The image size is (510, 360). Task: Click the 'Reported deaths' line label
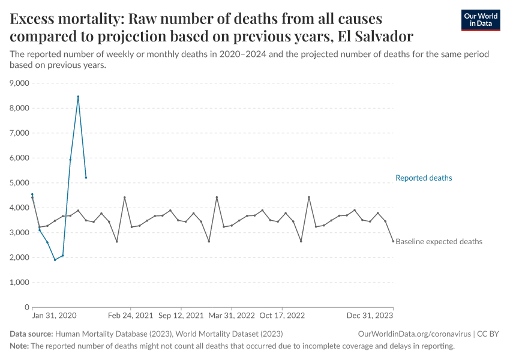pyautogui.click(x=424, y=178)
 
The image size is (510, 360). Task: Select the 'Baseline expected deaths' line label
pyautogui.click(x=439, y=242)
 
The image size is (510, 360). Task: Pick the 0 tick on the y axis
pyautogui.click(x=26, y=307)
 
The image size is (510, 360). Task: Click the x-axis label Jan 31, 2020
pyautogui.click(x=54, y=316)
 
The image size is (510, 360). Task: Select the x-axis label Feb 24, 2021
pyautogui.click(x=130, y=316)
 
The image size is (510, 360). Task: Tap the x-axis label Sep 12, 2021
pyautogui.click(x=181, y=316)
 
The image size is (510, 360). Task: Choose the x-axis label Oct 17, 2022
pyautogui.click(x=281, y=316)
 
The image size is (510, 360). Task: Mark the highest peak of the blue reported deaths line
pyautogui.click(x=78, y=97)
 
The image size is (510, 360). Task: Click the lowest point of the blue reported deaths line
pyautogui.click(x=55, y=260)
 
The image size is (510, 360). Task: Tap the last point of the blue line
pyautogui.click(x=86, y=178)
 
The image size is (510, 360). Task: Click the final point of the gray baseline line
pyautogui.click(x=393, y=241)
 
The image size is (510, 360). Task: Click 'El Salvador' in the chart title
pyautogui.click(x=375, y=36)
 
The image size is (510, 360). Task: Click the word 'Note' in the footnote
pyautogui.click(x=19, y=346)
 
